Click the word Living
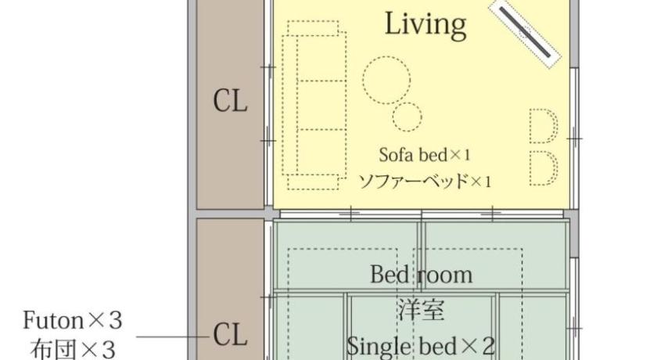[x=425, y=25]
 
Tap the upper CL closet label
[x=230, y=102]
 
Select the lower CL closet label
[x=230, y=334]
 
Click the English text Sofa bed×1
[x=425, y=155]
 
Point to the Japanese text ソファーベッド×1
[x=425, y=181]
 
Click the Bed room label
[x=421, y=275]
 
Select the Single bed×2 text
[x=421, y=346]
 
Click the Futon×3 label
[x=72, y=321]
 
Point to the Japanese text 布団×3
[x=73, y=349]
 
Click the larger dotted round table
[x=386, y=80]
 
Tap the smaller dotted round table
[x=407, y=117]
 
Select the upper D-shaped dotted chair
[x=544, y=126]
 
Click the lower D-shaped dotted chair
[x=544, y=168]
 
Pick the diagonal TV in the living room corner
[x=526, y=32]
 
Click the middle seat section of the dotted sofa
[x=321, y=105]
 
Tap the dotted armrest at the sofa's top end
[x=313, y=28]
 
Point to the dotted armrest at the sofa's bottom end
[x=313, y=182]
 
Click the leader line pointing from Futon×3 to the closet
[x=173, y=336]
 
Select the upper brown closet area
[x=230, y=104]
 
